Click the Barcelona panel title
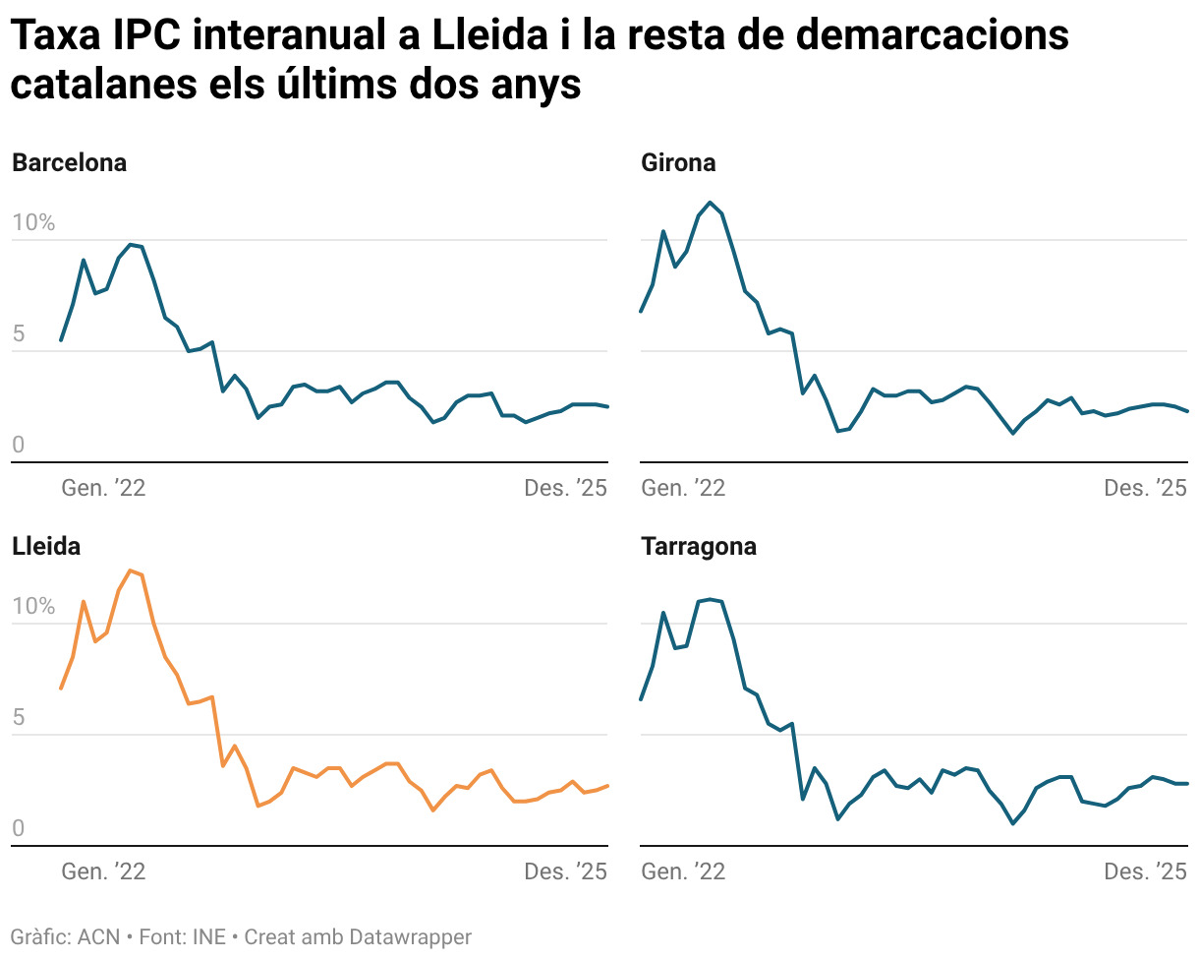click(69, 163)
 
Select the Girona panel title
click(678, 163)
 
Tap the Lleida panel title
click(46, 547)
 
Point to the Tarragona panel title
click(699, 547)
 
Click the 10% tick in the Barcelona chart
click(33, 223)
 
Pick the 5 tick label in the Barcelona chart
click(18, 334)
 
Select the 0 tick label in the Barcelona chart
click(18, 446)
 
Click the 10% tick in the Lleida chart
click(33, 607)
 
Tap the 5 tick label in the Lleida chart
click(18, 718)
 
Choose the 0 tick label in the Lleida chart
click(18, 829)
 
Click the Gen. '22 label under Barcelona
click(103, 488)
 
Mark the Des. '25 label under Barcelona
click(566, 488)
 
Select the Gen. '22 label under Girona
click(683, 488)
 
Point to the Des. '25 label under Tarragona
click(1146, 871)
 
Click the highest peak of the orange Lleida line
click(131, 570)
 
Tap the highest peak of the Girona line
click(711, 203)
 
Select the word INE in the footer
click(208, 937)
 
